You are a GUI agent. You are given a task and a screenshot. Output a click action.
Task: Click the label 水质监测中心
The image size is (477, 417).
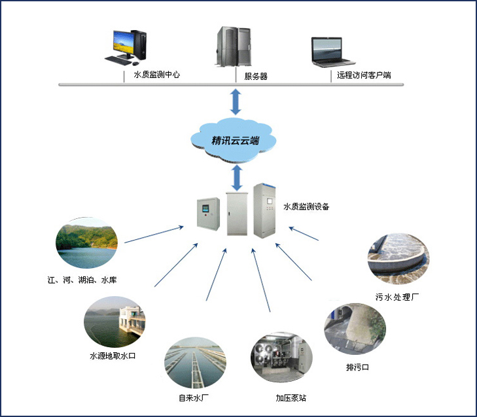coord(156,75)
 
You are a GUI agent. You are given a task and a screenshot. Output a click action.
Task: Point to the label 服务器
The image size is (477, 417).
coord(256,76)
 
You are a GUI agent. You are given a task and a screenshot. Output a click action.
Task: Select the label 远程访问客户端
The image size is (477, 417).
coord(364,75)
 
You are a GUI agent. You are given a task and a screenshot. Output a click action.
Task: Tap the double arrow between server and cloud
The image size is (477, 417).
coord(234,101)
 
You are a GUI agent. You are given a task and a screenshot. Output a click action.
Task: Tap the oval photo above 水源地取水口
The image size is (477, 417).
coord(114,321)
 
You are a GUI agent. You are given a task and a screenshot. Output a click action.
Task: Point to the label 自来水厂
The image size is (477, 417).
coord(194,397)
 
